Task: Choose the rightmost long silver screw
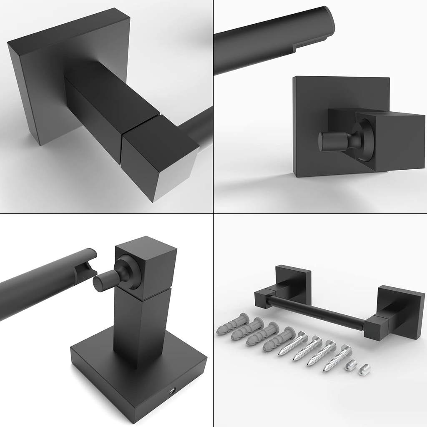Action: [x=337, y=358]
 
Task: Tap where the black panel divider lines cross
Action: [x=213, y=213]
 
